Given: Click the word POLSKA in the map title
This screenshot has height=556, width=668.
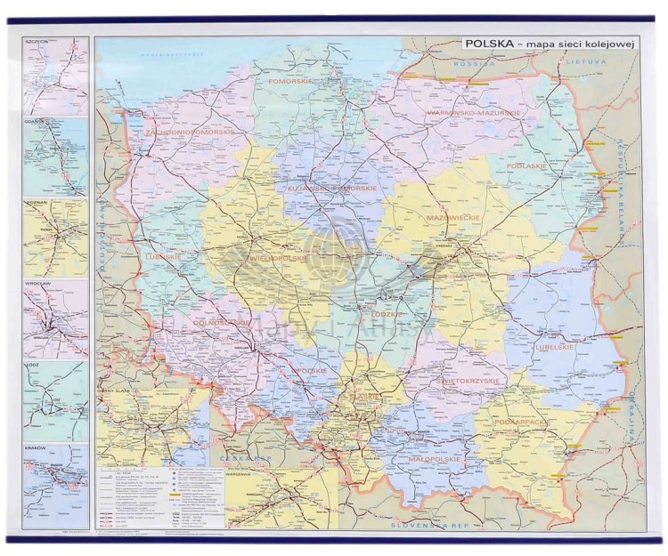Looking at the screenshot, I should coord(488,44).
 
